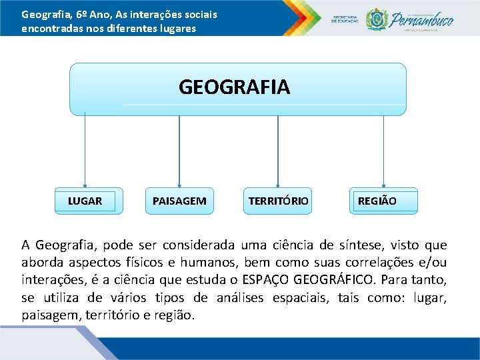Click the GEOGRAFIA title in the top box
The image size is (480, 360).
234,87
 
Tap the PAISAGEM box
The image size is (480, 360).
179,201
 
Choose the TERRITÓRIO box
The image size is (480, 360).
278,201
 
